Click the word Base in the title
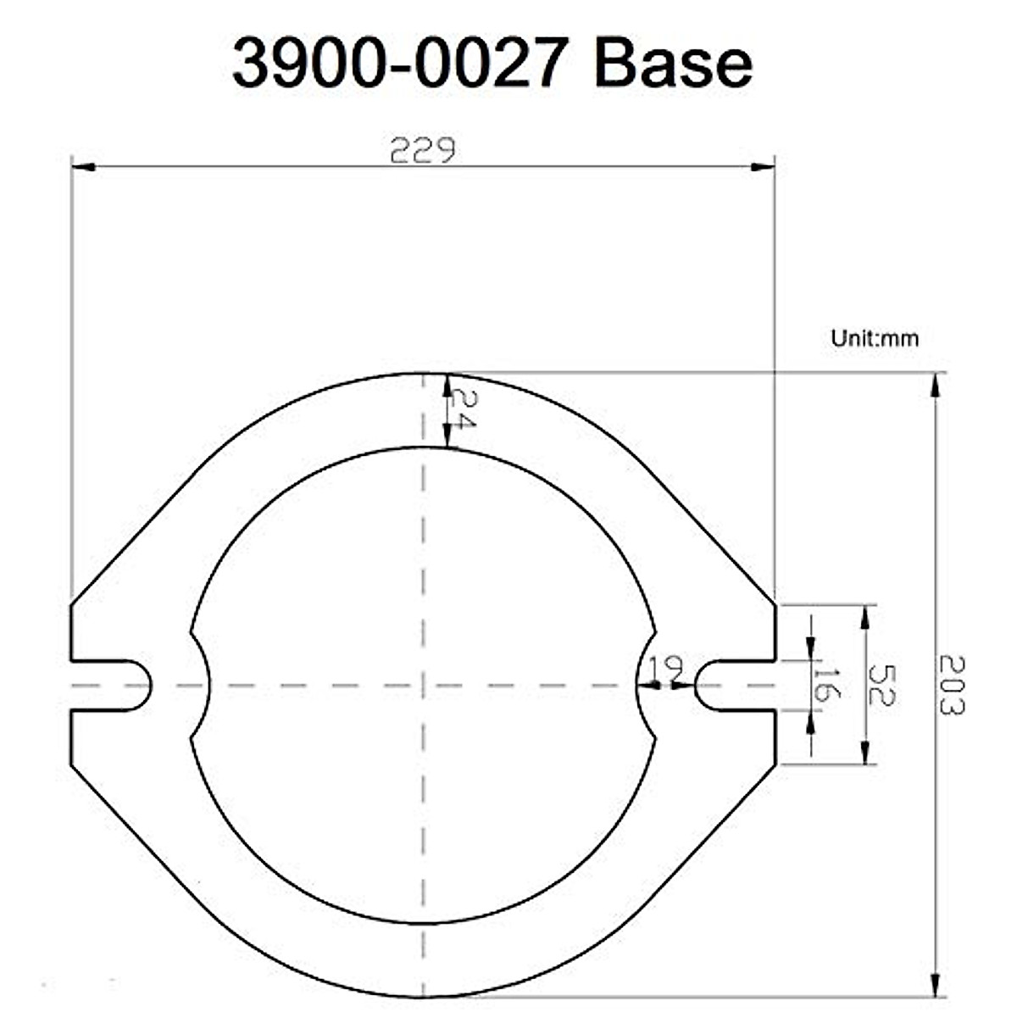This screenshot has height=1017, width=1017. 674,64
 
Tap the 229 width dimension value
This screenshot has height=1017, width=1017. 423,151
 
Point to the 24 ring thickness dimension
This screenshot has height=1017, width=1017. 462,408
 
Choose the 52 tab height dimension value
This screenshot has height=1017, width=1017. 882,685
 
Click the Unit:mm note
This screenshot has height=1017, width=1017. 875,339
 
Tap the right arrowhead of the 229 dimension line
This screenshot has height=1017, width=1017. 764,167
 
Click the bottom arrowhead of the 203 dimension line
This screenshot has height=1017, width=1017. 935,986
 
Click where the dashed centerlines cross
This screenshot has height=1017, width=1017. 422,685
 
